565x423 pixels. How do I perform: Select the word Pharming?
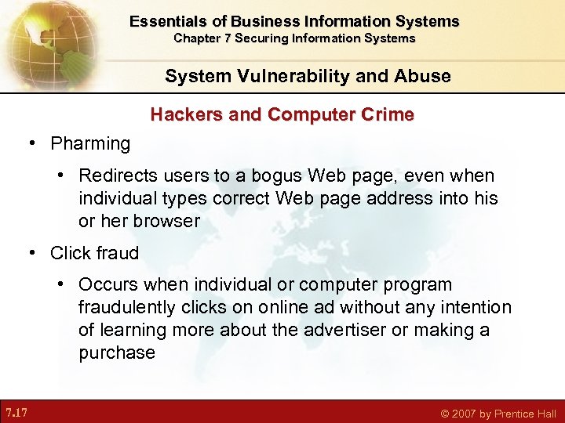90,143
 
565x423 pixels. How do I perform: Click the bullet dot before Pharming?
32,143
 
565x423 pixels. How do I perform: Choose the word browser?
166,220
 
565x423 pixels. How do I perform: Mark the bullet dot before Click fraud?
32,253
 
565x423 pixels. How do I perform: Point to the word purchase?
117,352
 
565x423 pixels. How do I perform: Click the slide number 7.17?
17,411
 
